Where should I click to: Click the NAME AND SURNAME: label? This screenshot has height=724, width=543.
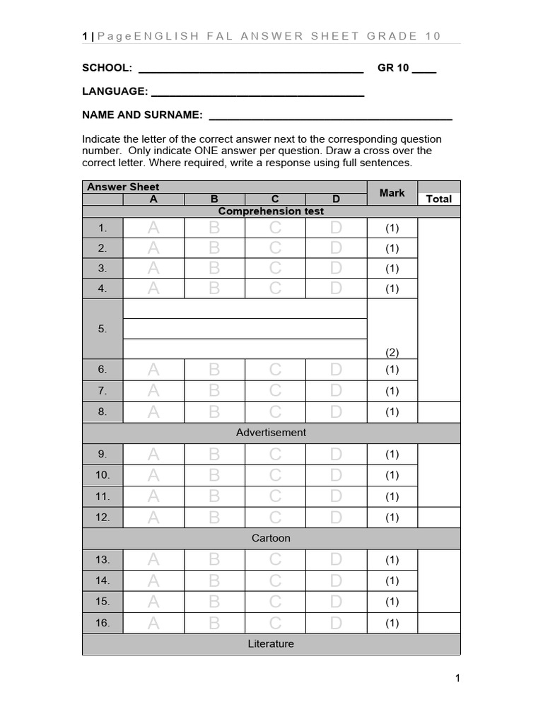point(143,115)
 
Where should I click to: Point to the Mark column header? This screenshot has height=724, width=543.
point(392,192)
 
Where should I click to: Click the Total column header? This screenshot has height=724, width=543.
point(438,199)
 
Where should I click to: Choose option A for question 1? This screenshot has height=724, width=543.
point(153,228)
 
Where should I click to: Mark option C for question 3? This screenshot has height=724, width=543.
point(275,268)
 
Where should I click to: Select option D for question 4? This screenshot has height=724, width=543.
point(336,288)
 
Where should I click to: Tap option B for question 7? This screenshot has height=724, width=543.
point(214,390)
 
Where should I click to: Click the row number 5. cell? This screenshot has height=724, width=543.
point(103,329)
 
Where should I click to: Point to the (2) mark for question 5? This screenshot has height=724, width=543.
point(392,351)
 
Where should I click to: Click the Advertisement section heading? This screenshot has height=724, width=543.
point(271,432)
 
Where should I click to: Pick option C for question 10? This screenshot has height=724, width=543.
point(275,474)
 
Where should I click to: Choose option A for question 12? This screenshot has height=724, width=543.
point(153,517)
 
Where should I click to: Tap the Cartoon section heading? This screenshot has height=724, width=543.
point(271,538)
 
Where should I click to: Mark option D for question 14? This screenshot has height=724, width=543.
point(336,580)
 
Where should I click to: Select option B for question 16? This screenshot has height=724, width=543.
point(214,623)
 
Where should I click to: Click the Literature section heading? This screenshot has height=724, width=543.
point(271,643)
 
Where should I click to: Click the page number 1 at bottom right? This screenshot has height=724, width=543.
point(457,679)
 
